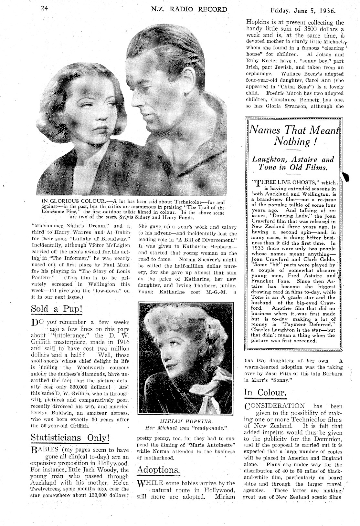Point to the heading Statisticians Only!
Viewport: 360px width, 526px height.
pyautogui.click(x=70, y=438)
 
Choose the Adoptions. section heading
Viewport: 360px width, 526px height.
pyautogui.click(x=158, y=469)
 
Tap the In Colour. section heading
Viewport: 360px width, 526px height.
pyautogui.click(x=265, y=392)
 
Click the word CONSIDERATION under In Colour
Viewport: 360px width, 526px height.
pyautogui.click(x=274, y=406)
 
